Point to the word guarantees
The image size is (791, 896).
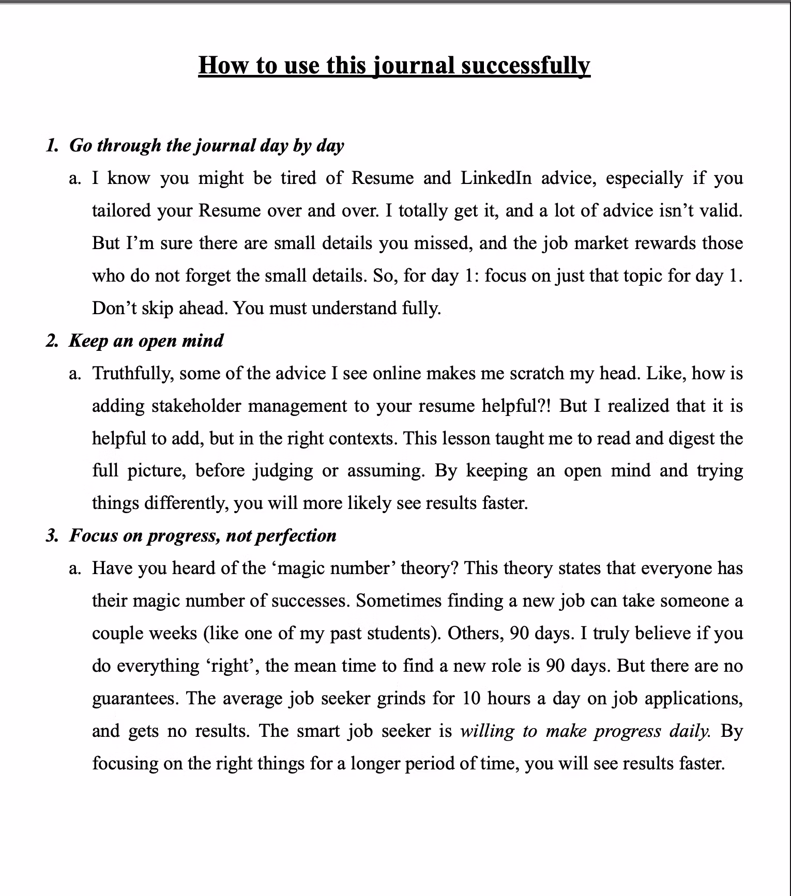click(x=135, y=699)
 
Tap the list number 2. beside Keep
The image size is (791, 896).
click(x=52, y=341)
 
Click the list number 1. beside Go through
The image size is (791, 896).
click(x=52, y=145)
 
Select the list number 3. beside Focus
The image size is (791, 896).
click(x=52, y=535)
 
